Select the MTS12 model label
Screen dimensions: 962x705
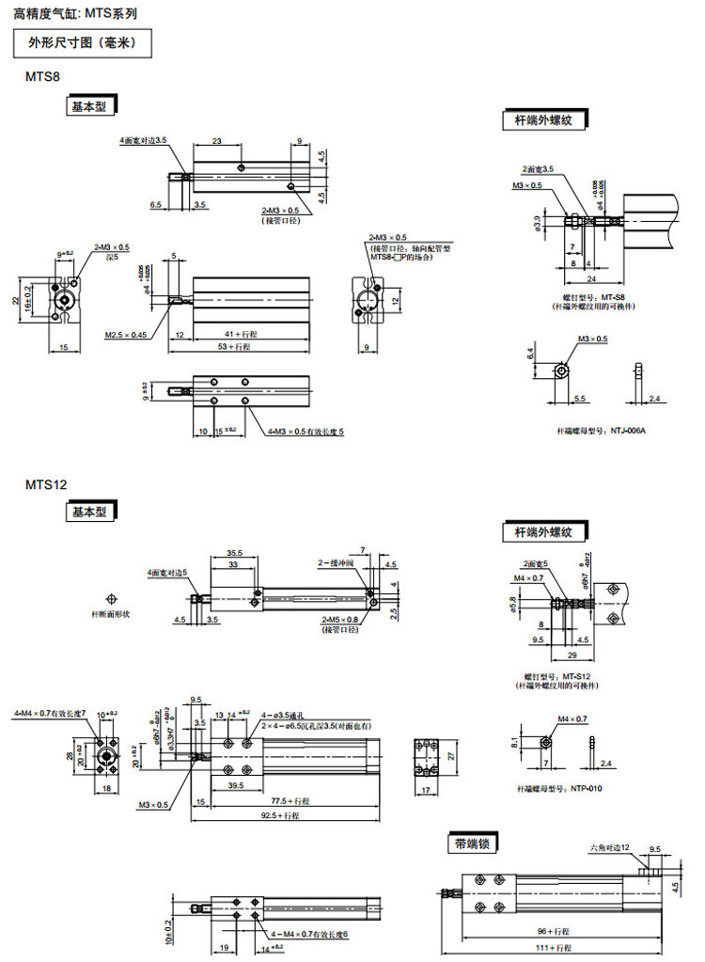(45, 485)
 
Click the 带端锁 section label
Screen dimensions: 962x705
(472, 844)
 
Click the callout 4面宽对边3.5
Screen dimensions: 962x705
(143, 140)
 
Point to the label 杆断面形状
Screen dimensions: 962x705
(112, 613)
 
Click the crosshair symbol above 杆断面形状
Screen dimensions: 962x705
(112, 597)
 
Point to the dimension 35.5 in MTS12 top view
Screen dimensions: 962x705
(234, 553)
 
